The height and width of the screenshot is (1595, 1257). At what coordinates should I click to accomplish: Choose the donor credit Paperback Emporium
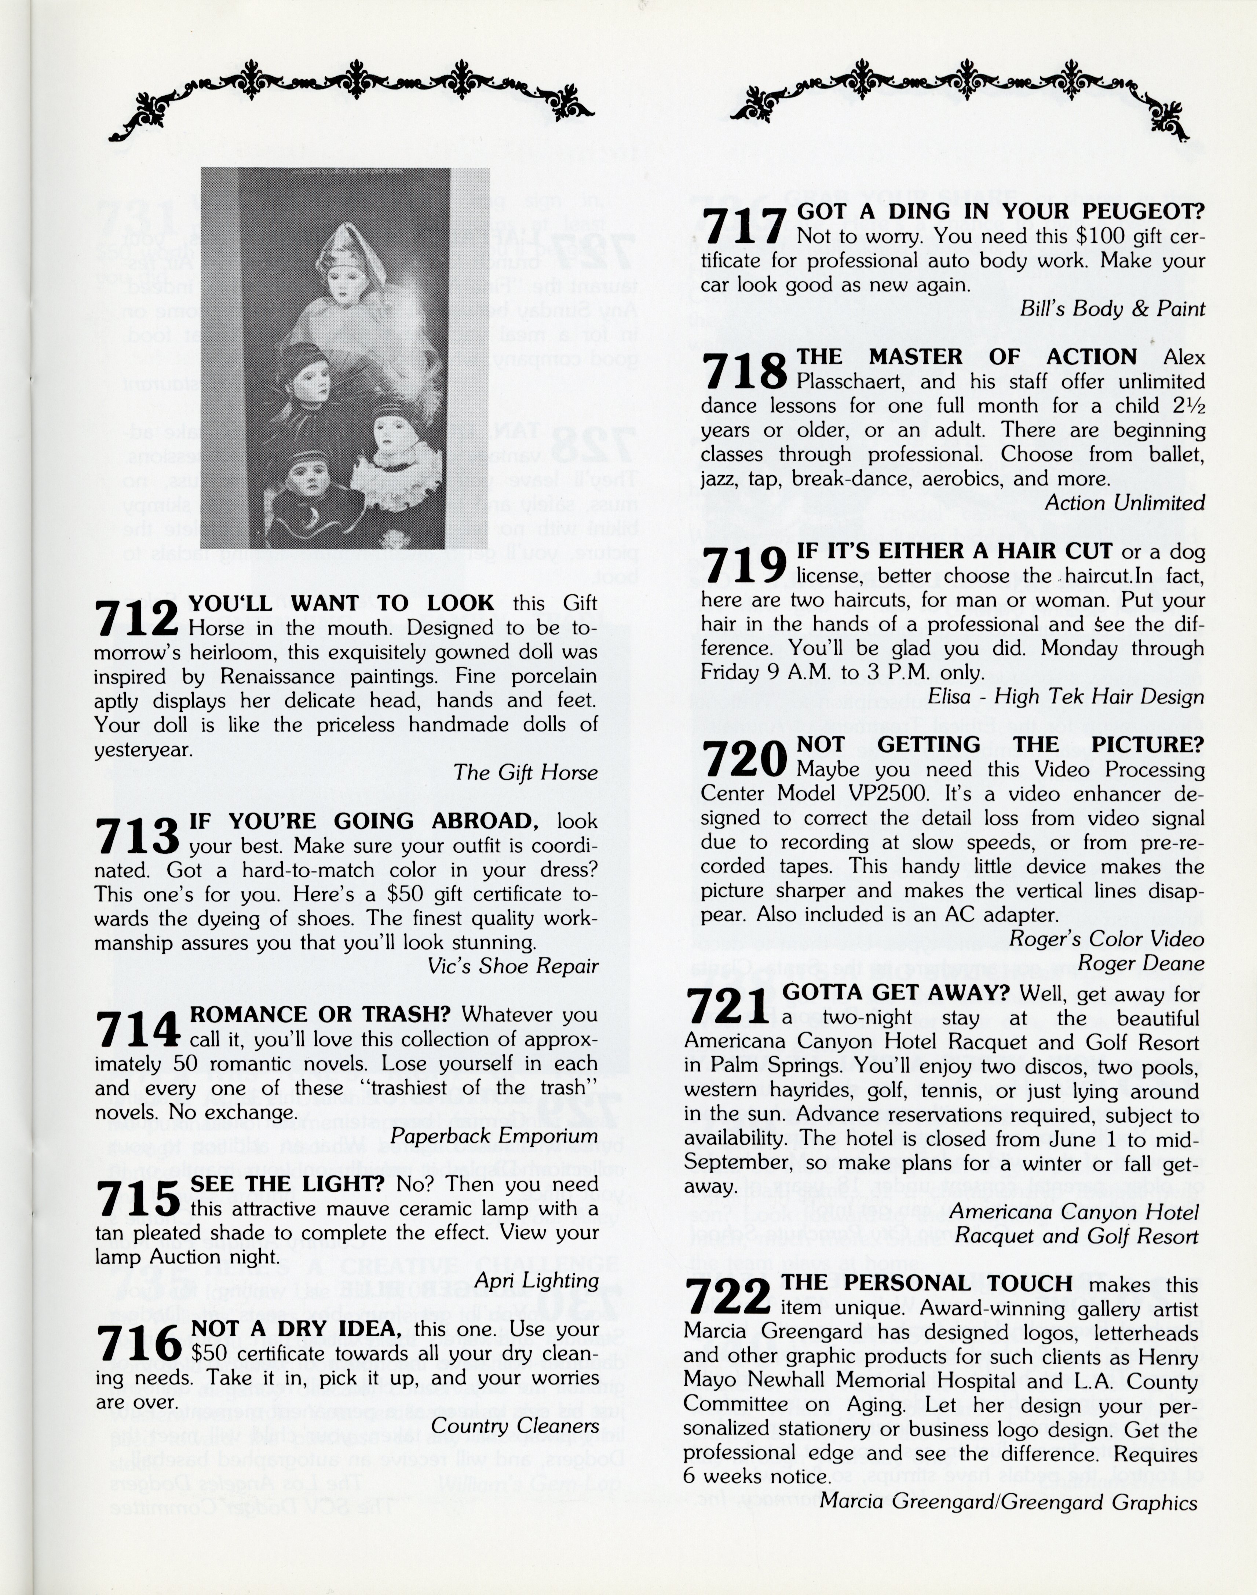point(494,1135)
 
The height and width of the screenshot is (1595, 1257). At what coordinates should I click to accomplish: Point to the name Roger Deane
point(1141,963)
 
